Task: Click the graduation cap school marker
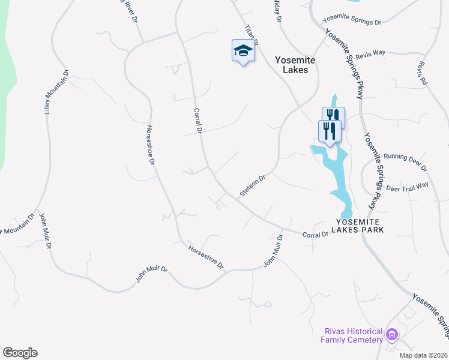coord(243,51)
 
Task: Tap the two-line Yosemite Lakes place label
coord(291,65)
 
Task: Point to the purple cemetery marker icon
coord(392,334)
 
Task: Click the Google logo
coord(20,353)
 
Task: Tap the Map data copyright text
coord(423,355)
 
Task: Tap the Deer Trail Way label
coord(408,187)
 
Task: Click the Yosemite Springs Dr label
coord(352,22)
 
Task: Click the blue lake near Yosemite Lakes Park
coord(336,174)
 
